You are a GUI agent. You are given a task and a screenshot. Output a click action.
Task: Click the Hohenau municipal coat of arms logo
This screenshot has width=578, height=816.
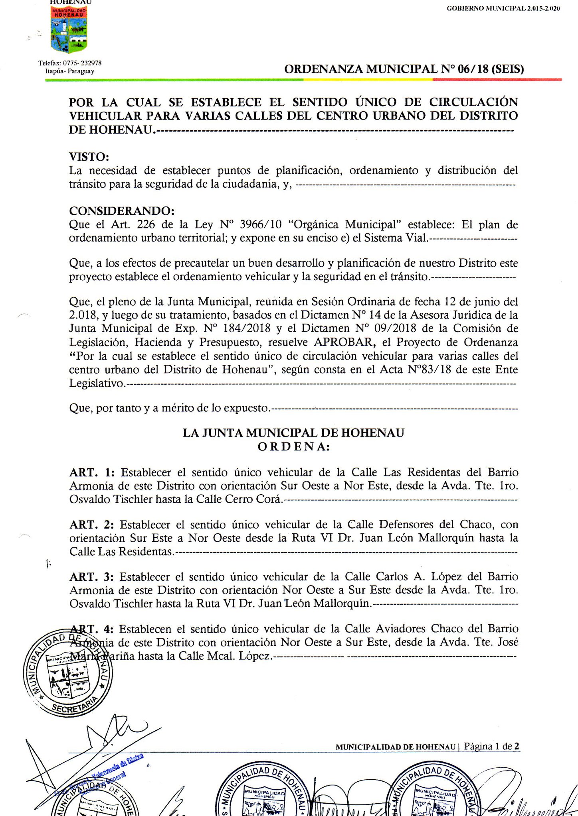69,30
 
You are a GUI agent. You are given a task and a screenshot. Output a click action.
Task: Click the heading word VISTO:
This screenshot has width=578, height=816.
89,156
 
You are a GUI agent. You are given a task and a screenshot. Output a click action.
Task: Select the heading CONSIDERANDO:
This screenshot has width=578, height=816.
122,210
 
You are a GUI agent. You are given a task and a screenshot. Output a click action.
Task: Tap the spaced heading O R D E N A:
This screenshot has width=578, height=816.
293,447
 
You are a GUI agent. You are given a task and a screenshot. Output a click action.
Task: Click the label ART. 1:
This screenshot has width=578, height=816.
92,473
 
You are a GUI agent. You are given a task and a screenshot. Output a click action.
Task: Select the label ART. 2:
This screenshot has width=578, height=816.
91,525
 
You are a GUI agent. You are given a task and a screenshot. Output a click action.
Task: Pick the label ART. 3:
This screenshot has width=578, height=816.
91,577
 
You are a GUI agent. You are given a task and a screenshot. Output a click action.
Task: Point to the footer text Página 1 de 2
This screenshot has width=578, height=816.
492,746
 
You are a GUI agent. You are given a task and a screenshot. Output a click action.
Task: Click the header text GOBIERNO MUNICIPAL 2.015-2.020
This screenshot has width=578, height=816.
503,8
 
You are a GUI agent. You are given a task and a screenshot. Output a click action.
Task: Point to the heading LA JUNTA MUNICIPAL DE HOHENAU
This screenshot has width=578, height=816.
293,433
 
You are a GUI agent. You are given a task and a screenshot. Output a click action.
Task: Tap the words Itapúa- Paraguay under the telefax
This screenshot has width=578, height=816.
70,71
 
